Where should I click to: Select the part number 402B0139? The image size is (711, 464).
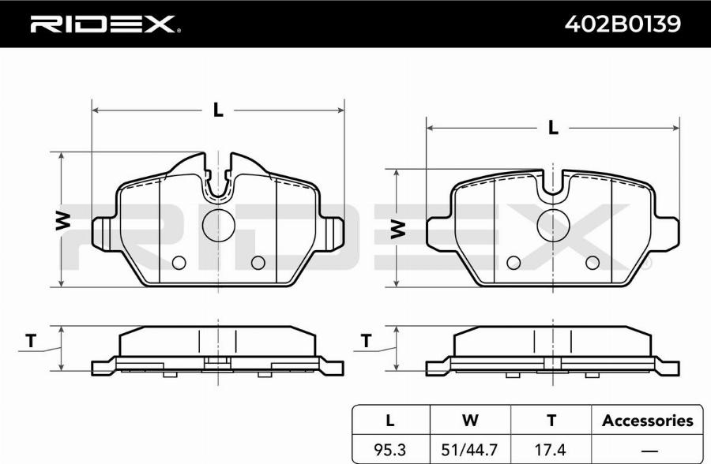pos(623,24)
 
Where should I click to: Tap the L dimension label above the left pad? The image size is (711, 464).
pos(218,110)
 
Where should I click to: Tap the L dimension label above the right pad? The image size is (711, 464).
pos(553,128)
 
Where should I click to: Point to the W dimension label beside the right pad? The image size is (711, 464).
pos(397,229)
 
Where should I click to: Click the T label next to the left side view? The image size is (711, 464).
pos(30,341)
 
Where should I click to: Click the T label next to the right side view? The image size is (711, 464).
pos(366,340)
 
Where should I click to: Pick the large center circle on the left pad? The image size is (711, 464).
pos(219,225)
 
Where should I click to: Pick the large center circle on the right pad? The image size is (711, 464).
pos(553,225)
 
